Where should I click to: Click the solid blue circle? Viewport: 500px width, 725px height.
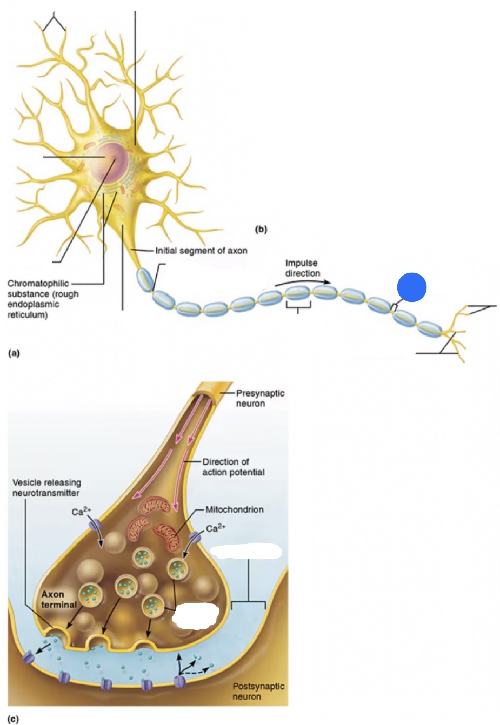point(412,287)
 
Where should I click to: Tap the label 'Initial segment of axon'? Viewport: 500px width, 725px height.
point(201,251)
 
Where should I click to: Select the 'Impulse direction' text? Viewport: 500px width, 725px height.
point(302,268)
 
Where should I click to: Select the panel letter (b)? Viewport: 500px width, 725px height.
point(261,229)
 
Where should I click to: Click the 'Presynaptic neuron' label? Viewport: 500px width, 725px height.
point(259,398)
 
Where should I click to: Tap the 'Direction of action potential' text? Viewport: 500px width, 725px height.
point(233,467)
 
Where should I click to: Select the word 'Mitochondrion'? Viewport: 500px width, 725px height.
point(234,509)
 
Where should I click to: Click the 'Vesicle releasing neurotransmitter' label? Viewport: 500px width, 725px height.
point(46,487)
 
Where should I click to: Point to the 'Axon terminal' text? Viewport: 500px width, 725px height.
point(59,600)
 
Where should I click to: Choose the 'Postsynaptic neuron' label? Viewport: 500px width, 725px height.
point(258,691)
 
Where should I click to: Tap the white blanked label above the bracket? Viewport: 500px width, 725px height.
point(246,552)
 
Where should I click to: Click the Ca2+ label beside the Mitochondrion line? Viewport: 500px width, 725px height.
point(216,528)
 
